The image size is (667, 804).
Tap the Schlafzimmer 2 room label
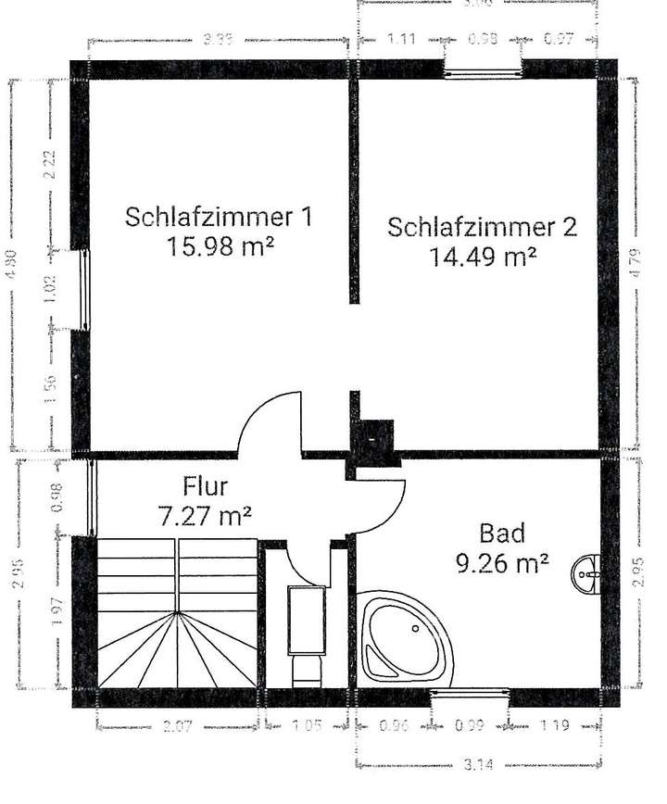pyautogui.click(x=483, y=227)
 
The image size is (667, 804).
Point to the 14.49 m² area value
pyautogui.click(x=485, y=256)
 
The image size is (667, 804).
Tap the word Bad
pyautogui.click(x=502, y=533)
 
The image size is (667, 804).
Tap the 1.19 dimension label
pyautogui.click(x=556, y=726)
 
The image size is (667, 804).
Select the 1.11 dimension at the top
pyautogui.click(x=400, y=39)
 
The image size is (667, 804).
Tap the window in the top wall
pyautogui.click(x=483, y=70)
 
